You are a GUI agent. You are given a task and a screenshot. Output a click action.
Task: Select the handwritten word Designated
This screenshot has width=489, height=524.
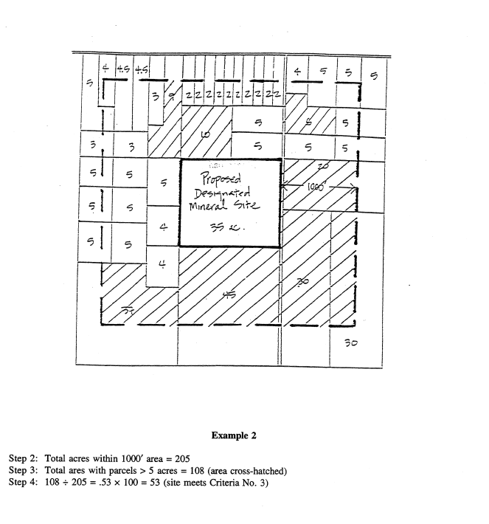[224, 195]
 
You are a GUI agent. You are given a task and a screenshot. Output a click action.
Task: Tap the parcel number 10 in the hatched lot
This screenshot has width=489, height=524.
[204, 135]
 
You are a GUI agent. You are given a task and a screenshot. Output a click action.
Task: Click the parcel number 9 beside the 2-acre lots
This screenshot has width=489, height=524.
[170, 94]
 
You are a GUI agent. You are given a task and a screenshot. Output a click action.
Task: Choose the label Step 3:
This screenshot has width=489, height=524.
[24, 470]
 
